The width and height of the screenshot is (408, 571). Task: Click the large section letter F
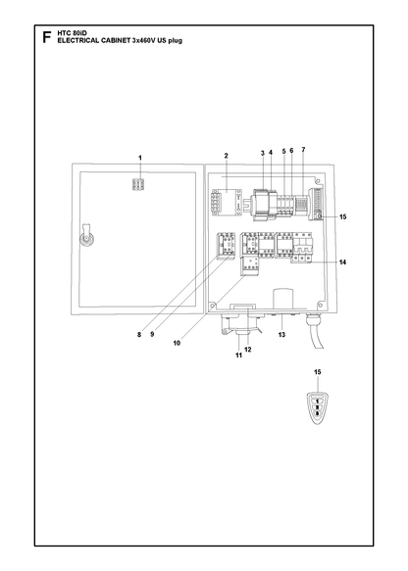[47, 37]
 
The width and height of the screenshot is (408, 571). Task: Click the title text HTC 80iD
[73, 33]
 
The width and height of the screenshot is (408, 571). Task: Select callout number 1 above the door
[140, 158]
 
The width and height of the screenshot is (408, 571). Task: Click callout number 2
[226, 156]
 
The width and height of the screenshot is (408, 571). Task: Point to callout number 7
[303, 149]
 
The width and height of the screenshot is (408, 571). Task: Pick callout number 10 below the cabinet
[177, 343]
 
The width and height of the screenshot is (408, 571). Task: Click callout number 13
[281, 335]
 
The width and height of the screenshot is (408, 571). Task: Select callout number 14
[342, 262]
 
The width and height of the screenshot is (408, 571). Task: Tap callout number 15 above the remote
[318, 372]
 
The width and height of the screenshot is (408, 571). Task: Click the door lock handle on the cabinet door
[86, 237]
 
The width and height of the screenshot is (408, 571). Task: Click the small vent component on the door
[138, 185]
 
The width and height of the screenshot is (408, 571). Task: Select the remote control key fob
[317, 408]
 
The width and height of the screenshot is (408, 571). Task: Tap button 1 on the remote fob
[317, 402]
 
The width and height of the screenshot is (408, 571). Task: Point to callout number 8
[139, 334]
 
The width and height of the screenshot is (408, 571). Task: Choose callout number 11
[239, 356]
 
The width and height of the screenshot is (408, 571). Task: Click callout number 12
[248, 350]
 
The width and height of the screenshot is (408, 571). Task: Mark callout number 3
[263, 154]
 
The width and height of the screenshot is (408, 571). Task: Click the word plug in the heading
[175, 41]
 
